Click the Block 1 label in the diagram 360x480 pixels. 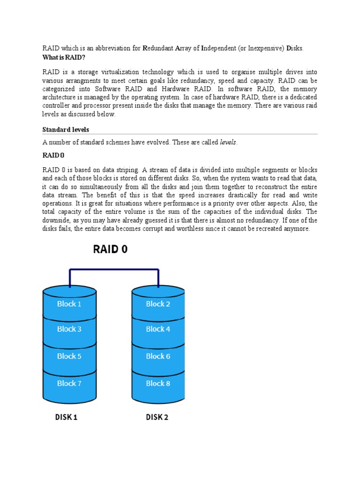(x=69, y=304)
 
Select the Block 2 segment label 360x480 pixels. (x=158, y=304)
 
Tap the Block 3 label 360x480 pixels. (x=69, y=329)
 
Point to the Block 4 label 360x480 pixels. (x=158, y=329)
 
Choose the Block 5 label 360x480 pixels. (x=69, y=356)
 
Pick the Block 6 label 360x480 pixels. (x=158, y=356)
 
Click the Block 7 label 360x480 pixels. (x=69, y=383)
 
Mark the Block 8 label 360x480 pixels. (x=158, y=383)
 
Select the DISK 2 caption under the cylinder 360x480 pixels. (x=157, y=417)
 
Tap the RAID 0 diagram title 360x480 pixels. (x=110, y=250)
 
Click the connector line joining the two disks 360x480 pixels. (x=114, y=270)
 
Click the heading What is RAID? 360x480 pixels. (x=64, y=56)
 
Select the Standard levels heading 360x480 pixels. (x=66, y=129)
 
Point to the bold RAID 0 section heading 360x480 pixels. (x=53, y=156)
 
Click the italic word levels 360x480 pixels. (x=228, y=142)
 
